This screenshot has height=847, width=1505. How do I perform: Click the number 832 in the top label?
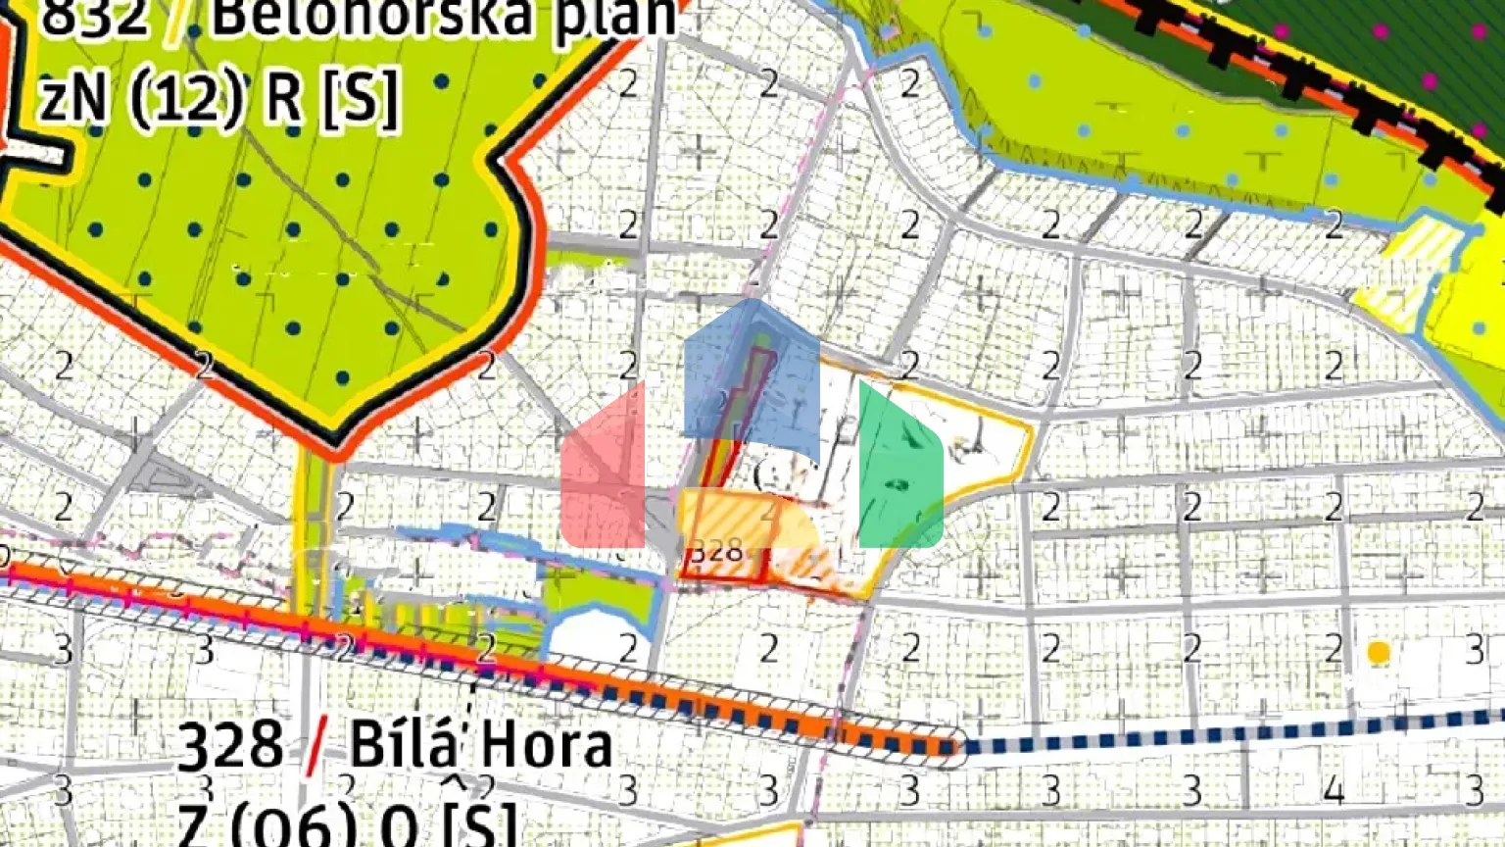point(94,18)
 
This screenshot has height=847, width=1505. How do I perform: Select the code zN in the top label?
point(74,98)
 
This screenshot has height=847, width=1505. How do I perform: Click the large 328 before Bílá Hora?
point(232,746)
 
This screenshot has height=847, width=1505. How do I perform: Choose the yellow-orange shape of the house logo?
point(750,517)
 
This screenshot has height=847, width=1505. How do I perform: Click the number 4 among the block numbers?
point(1334,789)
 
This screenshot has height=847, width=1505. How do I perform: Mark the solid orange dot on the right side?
point(1379,652)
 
